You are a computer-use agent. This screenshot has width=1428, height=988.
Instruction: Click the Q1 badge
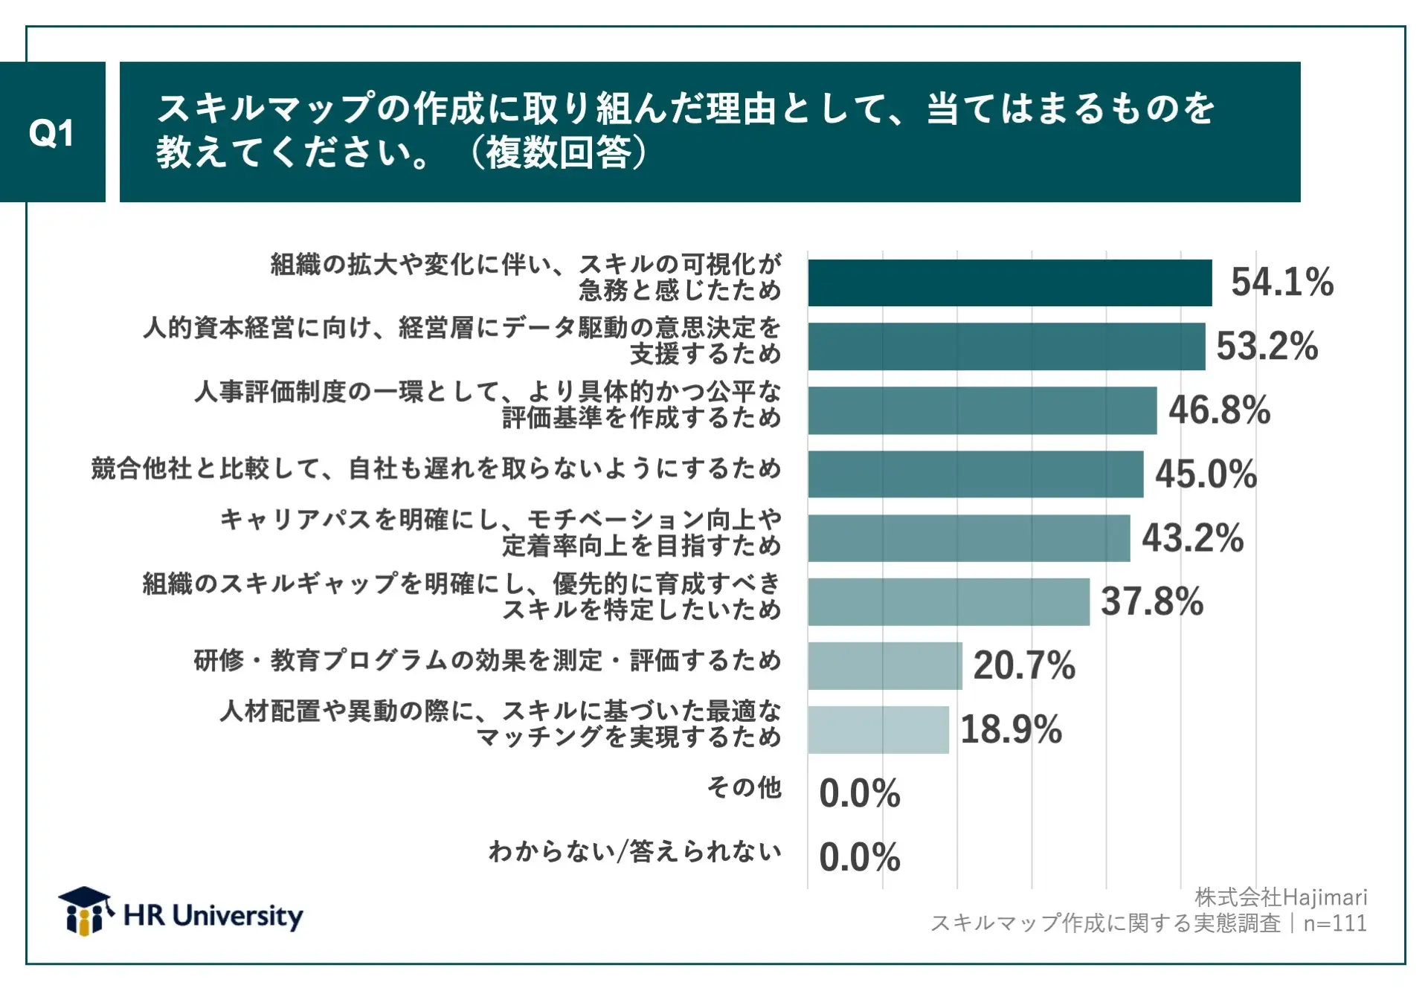pos(52,132)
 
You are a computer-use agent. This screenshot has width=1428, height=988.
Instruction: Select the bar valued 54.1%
pos(1009,282)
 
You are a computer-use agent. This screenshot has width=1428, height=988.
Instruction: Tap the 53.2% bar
pos(1006,346)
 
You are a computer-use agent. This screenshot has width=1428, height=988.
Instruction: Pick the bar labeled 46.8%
pos(982,410)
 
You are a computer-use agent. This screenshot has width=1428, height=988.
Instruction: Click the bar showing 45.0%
pos(975,474)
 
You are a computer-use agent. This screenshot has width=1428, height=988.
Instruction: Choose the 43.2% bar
pos(968,538)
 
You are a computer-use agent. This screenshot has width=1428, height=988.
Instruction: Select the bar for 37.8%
pos(948,602)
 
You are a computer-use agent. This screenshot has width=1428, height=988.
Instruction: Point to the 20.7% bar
pos(884,666)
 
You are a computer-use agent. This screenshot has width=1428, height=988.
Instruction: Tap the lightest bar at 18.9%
pos(878,730)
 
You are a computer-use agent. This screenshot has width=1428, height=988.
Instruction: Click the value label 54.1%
pos(1281,282)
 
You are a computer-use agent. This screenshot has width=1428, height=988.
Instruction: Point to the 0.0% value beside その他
pos(859,793)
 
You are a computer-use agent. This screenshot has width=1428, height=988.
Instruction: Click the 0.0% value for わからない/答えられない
pos(859,857)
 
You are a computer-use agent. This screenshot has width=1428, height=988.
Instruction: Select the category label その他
pos(744,787)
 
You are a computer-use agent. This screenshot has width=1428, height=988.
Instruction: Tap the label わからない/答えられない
pos(634,851)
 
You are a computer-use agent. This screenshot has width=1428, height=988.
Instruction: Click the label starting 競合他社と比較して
pos(436,468)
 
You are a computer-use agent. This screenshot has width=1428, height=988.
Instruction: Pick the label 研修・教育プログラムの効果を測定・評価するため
pos(487,660)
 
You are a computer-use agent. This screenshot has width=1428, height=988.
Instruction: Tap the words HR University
pos(213,916)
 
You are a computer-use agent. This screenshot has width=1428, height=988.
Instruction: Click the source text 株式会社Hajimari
pos(1281,897)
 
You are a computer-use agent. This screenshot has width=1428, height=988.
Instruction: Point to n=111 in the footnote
pos(1335,923)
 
